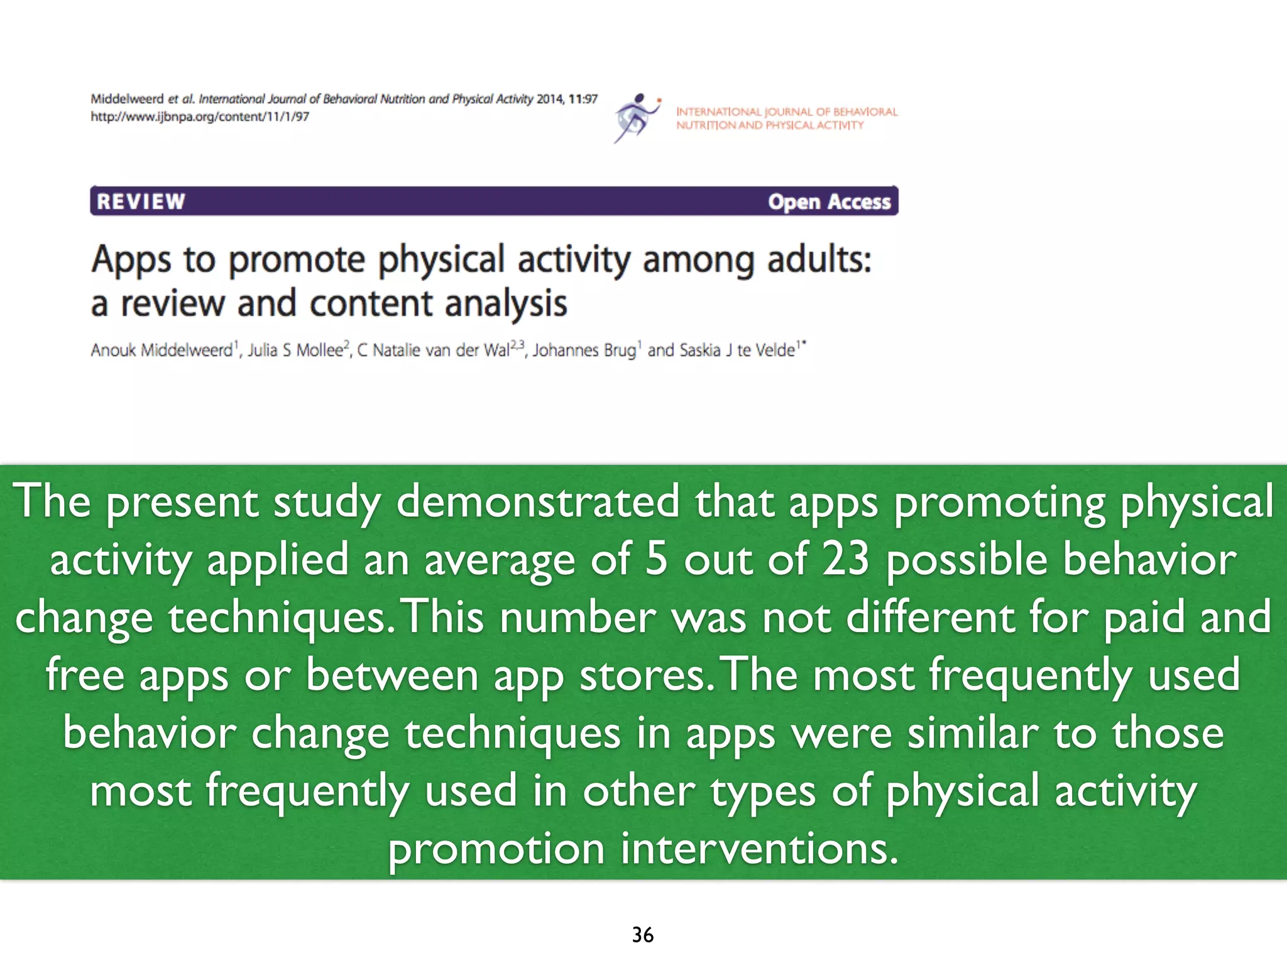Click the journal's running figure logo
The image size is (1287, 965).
637,118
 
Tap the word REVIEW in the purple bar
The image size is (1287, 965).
141,202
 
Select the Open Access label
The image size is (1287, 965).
829,202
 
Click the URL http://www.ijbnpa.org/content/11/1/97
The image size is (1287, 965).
200,117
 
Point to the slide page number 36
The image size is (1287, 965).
643,935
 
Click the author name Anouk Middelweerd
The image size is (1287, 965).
162,350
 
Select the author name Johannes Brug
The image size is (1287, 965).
584,350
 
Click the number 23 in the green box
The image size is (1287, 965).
846,559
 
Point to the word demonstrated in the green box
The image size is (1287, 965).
538,502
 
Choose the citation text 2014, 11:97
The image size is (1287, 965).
566,99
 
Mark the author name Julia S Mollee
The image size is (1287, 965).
296,350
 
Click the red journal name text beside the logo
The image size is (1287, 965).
786,118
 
